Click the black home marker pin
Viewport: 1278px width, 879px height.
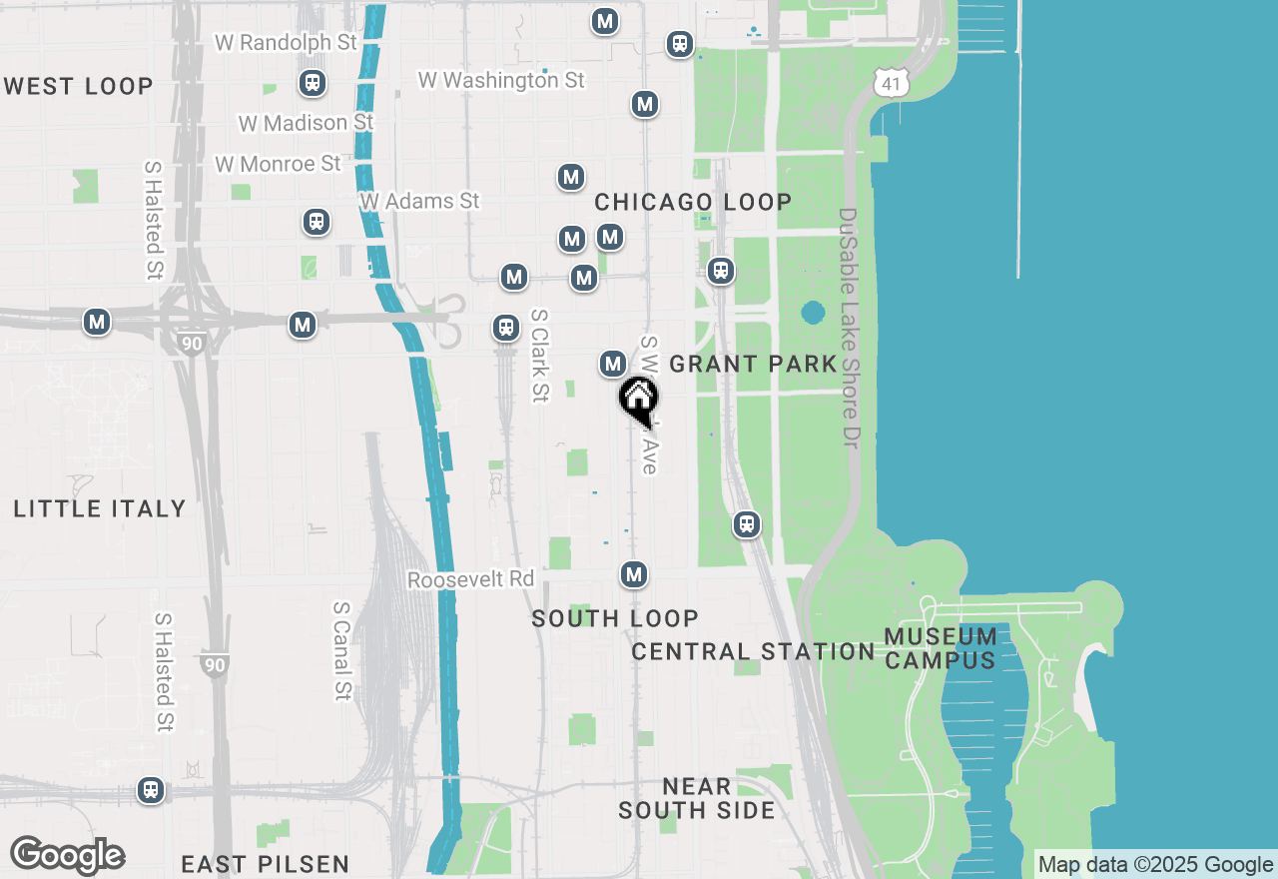[639, 401]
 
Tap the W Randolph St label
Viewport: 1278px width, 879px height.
[286, 43]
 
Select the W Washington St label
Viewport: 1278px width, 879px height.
[501, 80]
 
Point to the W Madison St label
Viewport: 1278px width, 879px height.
[306, 123]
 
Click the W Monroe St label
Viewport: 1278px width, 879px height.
[278, 164]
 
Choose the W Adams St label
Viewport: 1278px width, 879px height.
[420, 201]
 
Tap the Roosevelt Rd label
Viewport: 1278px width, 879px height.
[470, 579]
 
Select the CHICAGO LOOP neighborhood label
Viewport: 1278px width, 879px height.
[693, 202]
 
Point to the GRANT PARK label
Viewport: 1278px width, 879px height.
[753, 364]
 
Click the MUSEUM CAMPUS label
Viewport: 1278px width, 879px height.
[941, 648]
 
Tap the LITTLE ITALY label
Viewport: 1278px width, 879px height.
[100, 508]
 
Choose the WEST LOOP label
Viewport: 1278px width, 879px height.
[79, 86]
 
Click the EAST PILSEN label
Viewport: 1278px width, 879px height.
[266, 864]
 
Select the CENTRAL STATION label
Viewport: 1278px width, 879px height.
[753, 652]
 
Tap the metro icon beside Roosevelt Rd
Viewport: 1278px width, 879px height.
[634, 574]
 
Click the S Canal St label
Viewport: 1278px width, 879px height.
[342, 650]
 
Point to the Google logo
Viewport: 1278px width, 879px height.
[67, 856]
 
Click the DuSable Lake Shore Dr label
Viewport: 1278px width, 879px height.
[849, 328]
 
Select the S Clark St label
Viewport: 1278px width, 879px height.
[539, 355]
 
